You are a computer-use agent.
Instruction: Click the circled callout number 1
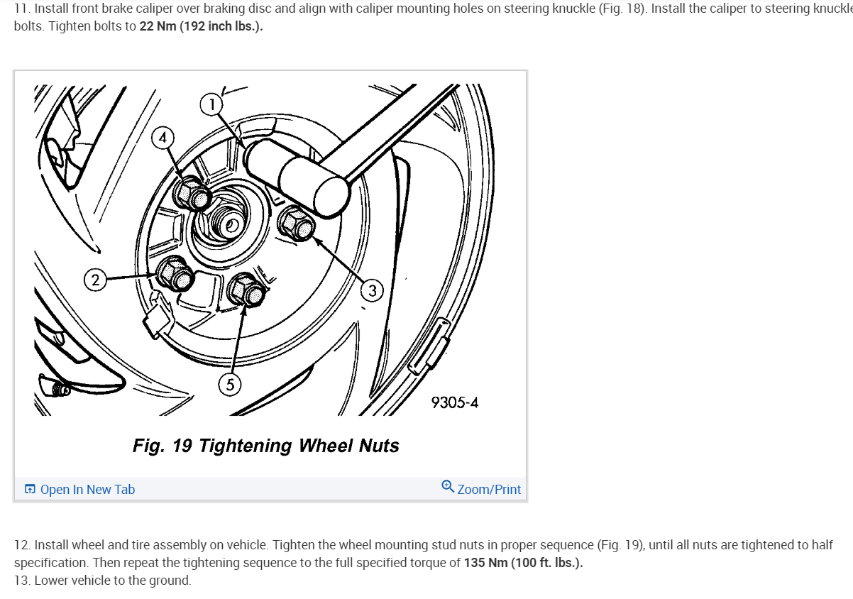(211, 105)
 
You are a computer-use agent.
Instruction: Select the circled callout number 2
(96, 279)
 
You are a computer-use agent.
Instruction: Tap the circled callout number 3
(372, 290)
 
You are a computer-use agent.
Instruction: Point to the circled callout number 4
(163, 138)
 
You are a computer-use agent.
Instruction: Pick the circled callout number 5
(229, 385)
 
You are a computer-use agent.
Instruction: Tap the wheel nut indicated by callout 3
(297, 224)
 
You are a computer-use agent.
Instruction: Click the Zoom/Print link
(489, 489)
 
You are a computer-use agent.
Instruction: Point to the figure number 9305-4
(454, 402)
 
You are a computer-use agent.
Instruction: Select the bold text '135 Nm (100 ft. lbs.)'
(523, 563)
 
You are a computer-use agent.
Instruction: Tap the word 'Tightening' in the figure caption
(246, 446)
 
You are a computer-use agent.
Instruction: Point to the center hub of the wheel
(231, 226)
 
